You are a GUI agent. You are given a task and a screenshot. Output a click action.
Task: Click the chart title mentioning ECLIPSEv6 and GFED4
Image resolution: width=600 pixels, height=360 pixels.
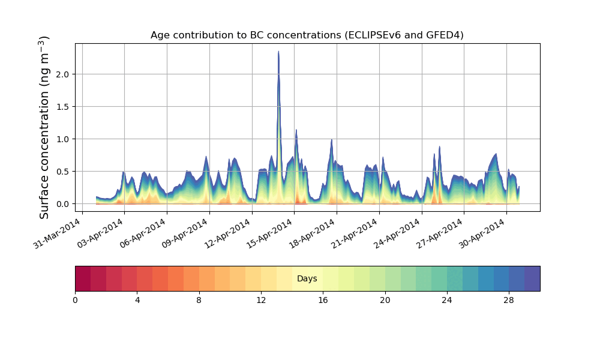[307, 35]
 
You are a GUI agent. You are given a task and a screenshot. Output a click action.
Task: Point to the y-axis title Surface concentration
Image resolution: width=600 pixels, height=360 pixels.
[44, 127]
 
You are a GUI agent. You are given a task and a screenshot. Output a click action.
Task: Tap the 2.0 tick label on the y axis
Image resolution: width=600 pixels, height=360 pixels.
[61, 74]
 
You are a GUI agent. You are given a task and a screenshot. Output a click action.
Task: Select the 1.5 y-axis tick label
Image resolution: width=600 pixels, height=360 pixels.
[61, 107]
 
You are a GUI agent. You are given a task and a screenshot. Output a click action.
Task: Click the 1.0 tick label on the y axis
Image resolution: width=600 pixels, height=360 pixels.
[61, 139]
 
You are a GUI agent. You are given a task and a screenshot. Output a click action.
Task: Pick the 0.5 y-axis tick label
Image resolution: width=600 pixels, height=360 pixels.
[61, 172]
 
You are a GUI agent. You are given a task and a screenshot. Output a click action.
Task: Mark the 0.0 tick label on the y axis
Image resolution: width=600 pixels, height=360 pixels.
[61, 204]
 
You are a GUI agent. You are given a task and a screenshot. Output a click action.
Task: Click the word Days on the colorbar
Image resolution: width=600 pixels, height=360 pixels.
[307, 279]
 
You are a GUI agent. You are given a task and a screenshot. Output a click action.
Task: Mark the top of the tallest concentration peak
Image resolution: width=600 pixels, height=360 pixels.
[278, 52]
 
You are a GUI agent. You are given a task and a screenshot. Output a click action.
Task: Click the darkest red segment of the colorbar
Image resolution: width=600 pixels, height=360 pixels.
[83, 278]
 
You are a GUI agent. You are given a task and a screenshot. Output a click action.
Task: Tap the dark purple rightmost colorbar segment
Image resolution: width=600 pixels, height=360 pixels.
[532, 278]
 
